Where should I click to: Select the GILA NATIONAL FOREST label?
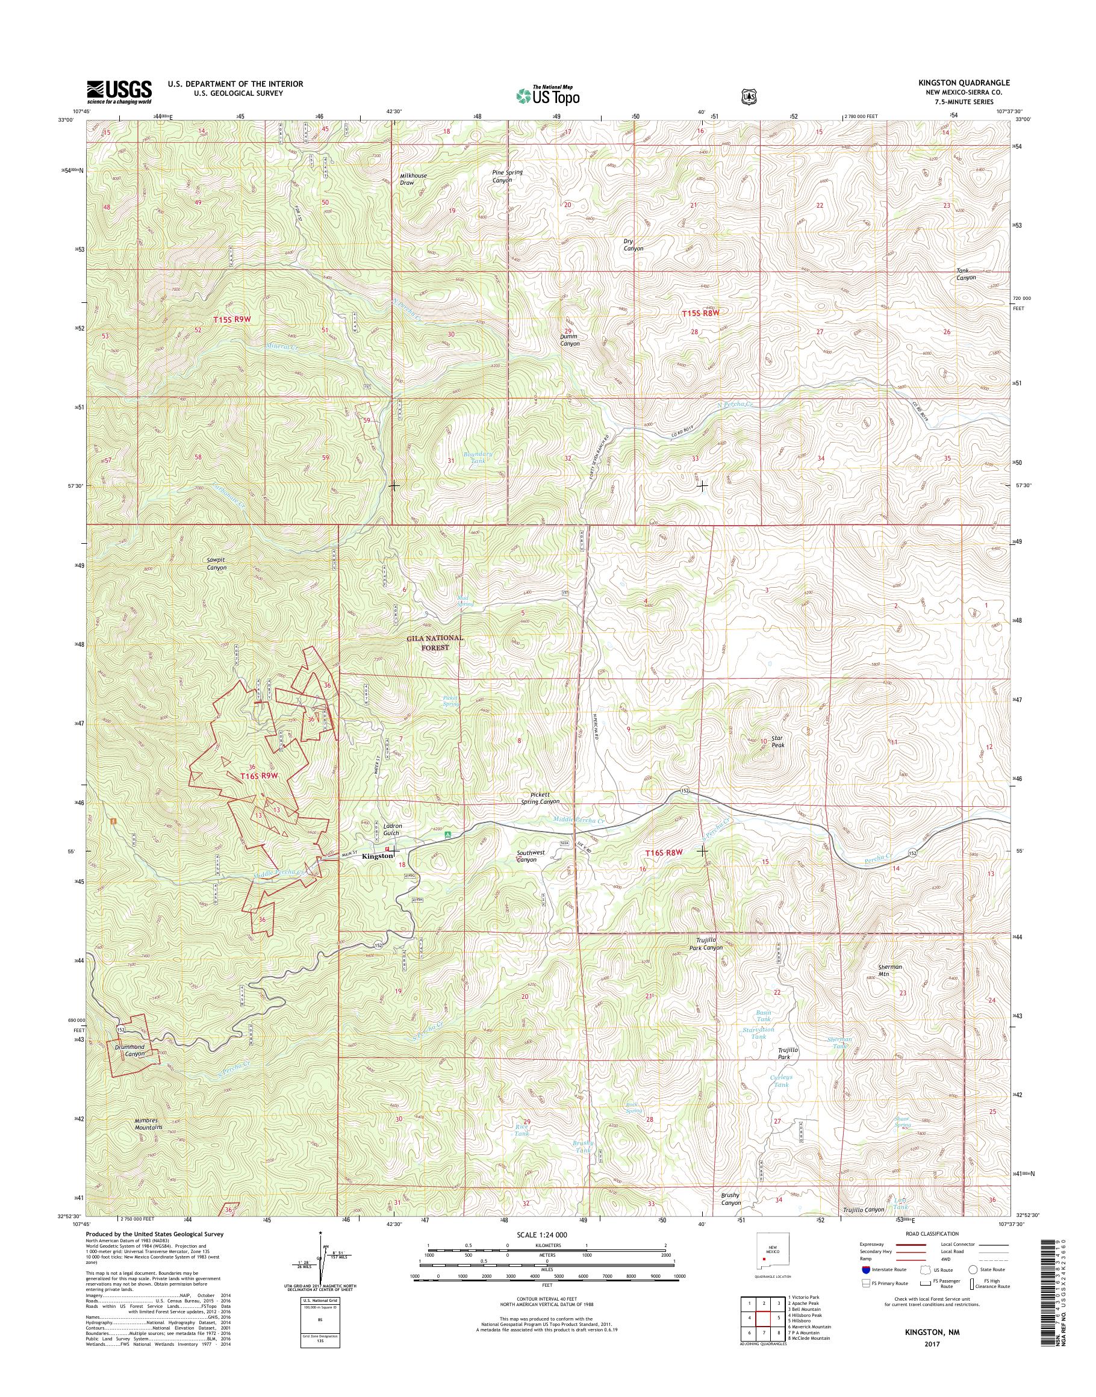pos(434,642)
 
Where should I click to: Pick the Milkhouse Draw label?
pos(413,179)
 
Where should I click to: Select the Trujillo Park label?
pos(788,1053)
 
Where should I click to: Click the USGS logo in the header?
pos(119,92)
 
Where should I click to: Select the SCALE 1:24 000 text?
pos(541,1234)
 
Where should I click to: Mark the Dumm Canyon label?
pos(569,340)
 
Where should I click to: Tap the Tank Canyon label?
pos(966,274)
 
